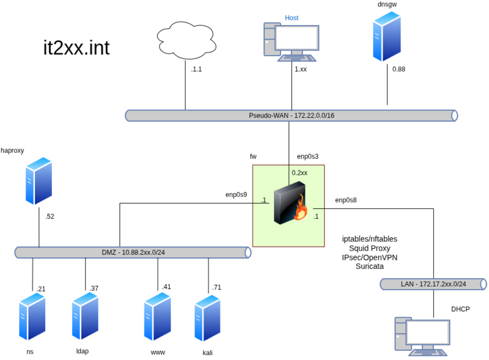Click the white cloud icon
[186, 40]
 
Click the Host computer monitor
[296, 39]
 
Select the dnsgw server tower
[387, 37]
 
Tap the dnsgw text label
[388, 4]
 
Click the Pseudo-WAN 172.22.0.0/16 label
[291, 116]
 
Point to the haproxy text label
[12, 150]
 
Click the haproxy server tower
[39, 181]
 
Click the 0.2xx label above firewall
[300, 173]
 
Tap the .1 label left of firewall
[263, 200]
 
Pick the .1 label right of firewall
[315, 216]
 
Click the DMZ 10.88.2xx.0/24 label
[133, 252]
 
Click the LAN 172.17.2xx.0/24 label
[433, 284]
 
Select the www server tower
[157, 317]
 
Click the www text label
[158, 353]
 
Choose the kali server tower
[207, 318]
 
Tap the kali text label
[208, 353]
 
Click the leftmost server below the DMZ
[32, 317]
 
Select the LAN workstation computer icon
[422, 336]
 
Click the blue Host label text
[292, 18]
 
